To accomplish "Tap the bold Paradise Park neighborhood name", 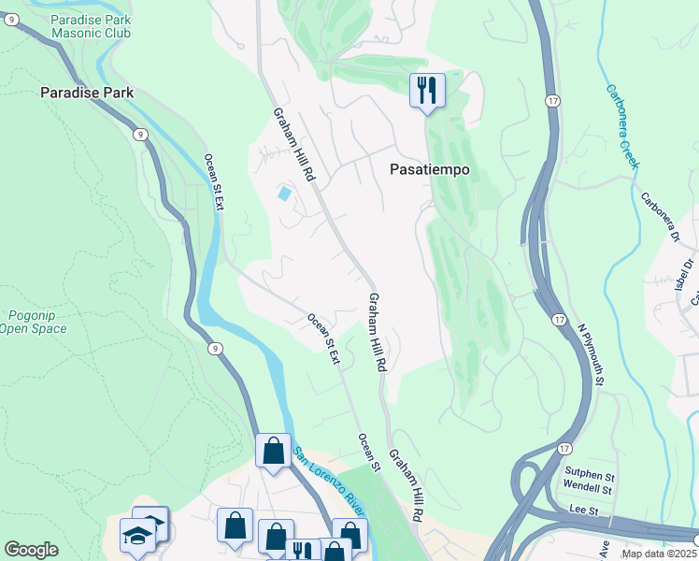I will [x=86, y=93].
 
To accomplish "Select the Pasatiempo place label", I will [x=429, y=170].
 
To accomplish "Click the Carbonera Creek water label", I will [x=622, y=126].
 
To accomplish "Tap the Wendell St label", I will [x=588, y=488].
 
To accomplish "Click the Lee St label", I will [x=581, y=511].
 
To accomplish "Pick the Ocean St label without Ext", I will [x=369, y=453].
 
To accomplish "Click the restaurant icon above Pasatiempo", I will [x=427, y=92].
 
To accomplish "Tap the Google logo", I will [x=31, y=549].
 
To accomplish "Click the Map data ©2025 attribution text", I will [x=658, y=554].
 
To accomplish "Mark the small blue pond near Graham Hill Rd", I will [x=283, y=194].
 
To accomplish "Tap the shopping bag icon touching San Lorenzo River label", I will [x=273, y=451].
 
